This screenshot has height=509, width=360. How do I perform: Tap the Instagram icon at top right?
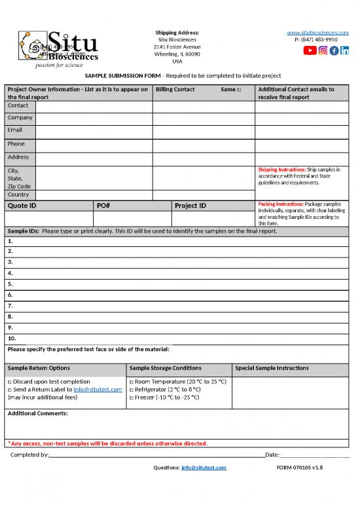tap(323, 51)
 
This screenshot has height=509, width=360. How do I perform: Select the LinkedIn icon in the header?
tap(345, 51)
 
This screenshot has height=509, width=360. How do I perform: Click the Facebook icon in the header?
tap(334, 51)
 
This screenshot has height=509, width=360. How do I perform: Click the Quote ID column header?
tap(22, 206)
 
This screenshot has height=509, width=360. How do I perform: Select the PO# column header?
tap(103, 206)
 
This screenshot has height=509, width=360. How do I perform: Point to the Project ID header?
tap(190, 206)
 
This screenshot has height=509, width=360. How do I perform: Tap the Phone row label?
tap(16, 143)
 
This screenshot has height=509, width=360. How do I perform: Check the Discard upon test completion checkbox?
tap(9, 381)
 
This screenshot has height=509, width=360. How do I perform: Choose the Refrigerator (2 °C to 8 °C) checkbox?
tap(132, 389)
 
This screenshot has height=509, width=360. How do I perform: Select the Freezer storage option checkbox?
tap(132, 397)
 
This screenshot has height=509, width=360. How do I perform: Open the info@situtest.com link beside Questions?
tap(204, 467)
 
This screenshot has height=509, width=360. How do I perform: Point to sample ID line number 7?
tap(10, 305)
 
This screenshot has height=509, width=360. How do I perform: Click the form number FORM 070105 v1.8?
tap(300, 467)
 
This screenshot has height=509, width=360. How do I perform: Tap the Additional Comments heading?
tap(37, 413)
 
